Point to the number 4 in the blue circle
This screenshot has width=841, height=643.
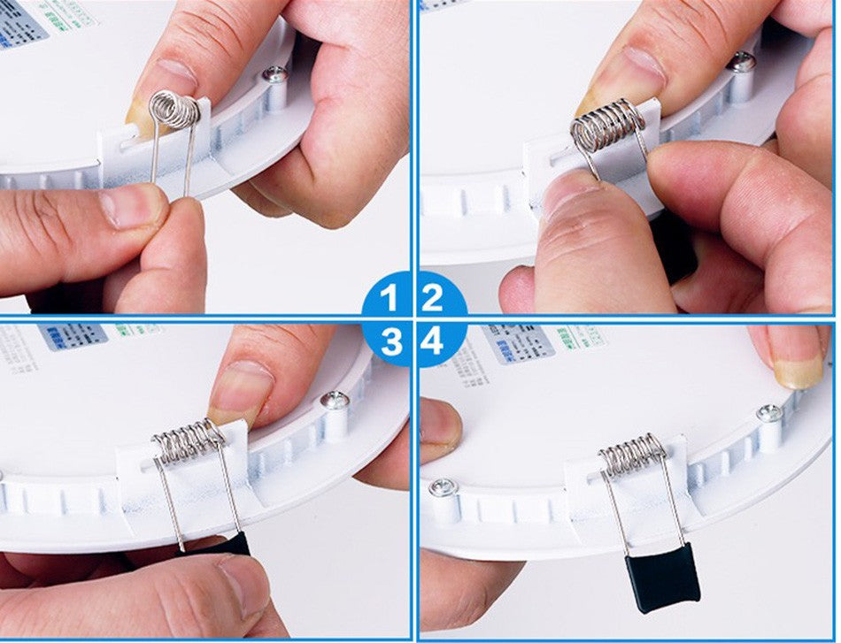point(432,341)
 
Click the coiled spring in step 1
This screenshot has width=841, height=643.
point(174,111)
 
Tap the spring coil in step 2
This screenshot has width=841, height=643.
point(606,125)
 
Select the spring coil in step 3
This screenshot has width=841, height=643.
point(189,441)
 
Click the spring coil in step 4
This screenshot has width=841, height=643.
point(632,453)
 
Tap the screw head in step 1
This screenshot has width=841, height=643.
point(275,75)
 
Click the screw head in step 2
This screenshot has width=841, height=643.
point(742,62)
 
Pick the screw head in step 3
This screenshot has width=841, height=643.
point(334,401)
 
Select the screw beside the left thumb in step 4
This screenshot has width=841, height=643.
point(440,487)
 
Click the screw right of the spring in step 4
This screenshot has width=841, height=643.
point(768,413)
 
